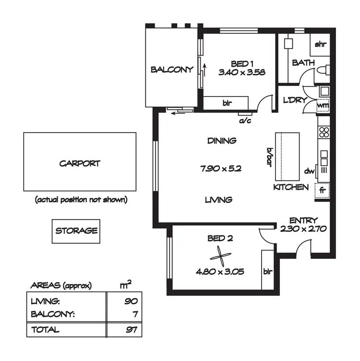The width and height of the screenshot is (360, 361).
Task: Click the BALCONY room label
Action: point(172,69)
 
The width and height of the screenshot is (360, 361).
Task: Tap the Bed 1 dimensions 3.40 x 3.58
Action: point(242,73)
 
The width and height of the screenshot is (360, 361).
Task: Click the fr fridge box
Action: point(323,190)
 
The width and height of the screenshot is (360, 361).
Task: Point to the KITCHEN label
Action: point(291,187)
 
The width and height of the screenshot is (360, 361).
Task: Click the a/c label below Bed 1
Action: point(245,120)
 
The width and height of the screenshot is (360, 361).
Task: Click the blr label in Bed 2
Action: point(267,271)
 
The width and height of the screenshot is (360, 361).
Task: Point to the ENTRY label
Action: point(303,220)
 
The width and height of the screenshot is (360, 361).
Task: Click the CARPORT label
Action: point(80,163)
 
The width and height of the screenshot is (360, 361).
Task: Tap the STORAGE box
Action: point(76,231)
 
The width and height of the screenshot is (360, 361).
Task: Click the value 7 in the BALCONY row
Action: point(134,314)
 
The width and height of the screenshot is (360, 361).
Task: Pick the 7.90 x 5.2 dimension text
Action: point(221,169)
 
